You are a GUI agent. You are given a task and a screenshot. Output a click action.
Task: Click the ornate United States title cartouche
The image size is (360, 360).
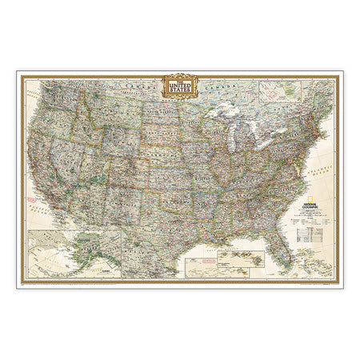[180, 85]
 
